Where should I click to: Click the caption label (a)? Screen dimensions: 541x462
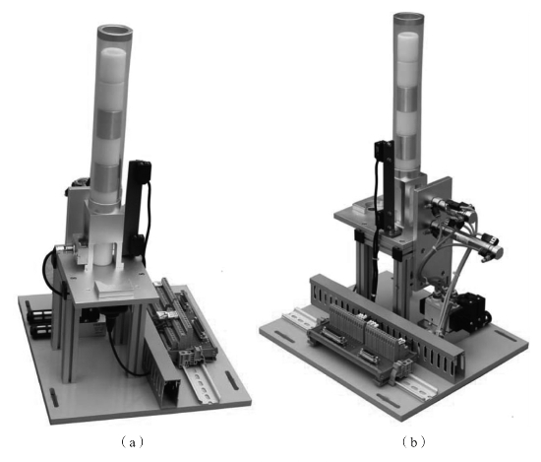132,442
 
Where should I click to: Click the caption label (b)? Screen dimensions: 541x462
414,442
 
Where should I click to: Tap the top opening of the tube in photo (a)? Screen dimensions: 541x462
115,31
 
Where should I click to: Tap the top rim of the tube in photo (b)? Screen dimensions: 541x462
409,18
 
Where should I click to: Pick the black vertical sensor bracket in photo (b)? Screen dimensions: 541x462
386,186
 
